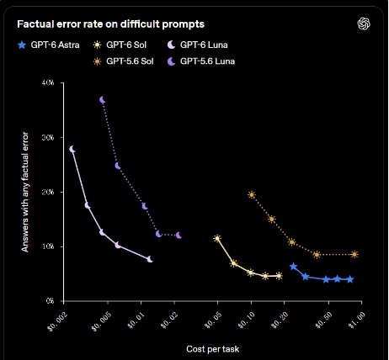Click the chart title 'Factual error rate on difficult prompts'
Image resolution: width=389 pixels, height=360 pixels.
pyautogui.click(x=110, y=24)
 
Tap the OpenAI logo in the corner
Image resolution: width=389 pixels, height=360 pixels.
pyautogui.click(x=364, y=24)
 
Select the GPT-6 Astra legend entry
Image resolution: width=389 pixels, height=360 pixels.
pyautogui.click(x=48, y=45)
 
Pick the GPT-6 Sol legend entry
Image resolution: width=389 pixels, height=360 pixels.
pyautogui.click(x=120, y=45)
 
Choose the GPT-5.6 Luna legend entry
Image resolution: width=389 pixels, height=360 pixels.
pyautogui.click(x=201, y=61)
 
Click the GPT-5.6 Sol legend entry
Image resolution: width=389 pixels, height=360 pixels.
pyautogui.click(x=123, y=61)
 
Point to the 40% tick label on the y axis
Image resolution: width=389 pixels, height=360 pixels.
pyautogui.click(x=48, y=83)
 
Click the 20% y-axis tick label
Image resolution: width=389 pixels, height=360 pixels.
pyautogui.click(x=48, y=192)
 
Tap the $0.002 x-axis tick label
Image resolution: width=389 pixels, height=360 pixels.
pyautogui.click(x=58, y=322)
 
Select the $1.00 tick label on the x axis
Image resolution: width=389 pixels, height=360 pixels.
pyautogui.click(x=357, y=320)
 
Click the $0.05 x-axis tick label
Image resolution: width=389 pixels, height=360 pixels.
pyautogui.click(x=213, y=320)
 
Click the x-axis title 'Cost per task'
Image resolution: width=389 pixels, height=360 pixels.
pyautogui.click(x=213, y=349)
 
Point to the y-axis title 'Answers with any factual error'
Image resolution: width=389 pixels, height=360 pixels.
pyautogui.click(x=25, y=192)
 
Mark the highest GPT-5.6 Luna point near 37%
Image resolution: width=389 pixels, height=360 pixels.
pyautogui.click(x=103, y=100)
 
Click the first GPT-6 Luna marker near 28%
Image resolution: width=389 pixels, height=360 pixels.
pyautogui.click(x=72, y=149)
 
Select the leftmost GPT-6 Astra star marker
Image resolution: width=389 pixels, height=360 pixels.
pyautogui.click(x=293, y=267)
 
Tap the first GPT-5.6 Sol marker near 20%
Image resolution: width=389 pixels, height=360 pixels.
pyautogui.click(x=252, y=194)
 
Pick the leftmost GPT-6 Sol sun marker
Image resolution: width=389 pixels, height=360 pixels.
pyautogui.click(x=217, y=239)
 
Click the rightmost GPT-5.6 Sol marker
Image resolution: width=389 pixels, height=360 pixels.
pyautogui.click(x=354, y=254)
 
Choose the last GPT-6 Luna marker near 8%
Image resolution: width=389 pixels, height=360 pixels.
pyautogui.click(x=150, y=259)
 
